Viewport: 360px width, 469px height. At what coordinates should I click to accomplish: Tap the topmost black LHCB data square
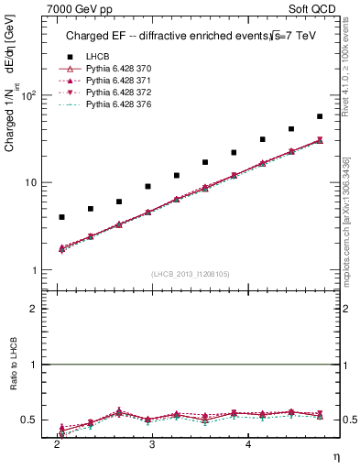pyautogui.click(x=320, y=116)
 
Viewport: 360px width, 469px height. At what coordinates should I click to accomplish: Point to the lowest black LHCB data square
pyautogui.click(x=61, y=217)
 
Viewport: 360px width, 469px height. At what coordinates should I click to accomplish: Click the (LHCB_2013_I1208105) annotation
pyautogui.click(x=191, y=273)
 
